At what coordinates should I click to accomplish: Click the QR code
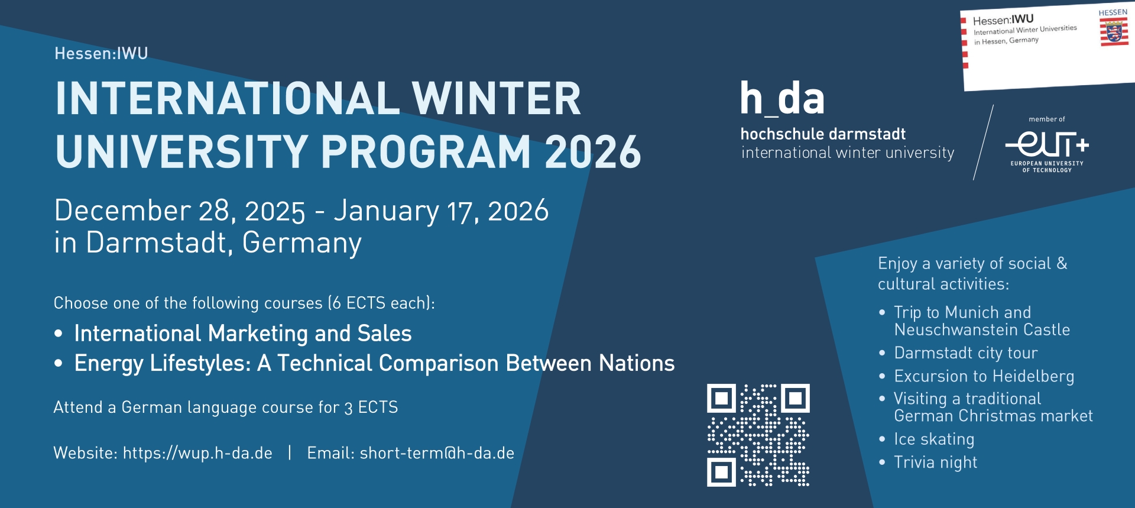click(758, 435)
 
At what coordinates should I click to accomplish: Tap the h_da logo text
click(782, 98)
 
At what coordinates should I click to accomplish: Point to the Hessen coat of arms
click(1114, 31)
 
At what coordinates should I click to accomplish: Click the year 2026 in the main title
click(593, 152)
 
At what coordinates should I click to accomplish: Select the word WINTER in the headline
click(497, 98)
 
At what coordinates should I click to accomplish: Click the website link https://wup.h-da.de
click(197, 453)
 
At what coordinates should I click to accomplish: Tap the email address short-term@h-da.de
click(437, 453)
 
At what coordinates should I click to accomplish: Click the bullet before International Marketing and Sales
click(58, 334)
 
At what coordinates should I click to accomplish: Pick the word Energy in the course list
click(109, 364)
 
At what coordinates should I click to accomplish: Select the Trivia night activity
click(935, 462)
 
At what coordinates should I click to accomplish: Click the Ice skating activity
click(934, 439)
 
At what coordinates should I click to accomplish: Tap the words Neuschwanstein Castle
click(982, 329)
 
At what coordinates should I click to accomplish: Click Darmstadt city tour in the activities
click(966, 353)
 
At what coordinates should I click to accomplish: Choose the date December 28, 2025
click(180, 211)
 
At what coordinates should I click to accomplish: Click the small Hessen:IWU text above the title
click(101, 53)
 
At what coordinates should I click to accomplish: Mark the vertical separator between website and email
click(290, 452)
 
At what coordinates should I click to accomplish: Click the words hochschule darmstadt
click(823, 134)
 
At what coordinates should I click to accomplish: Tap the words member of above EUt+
click(1047, 119)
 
